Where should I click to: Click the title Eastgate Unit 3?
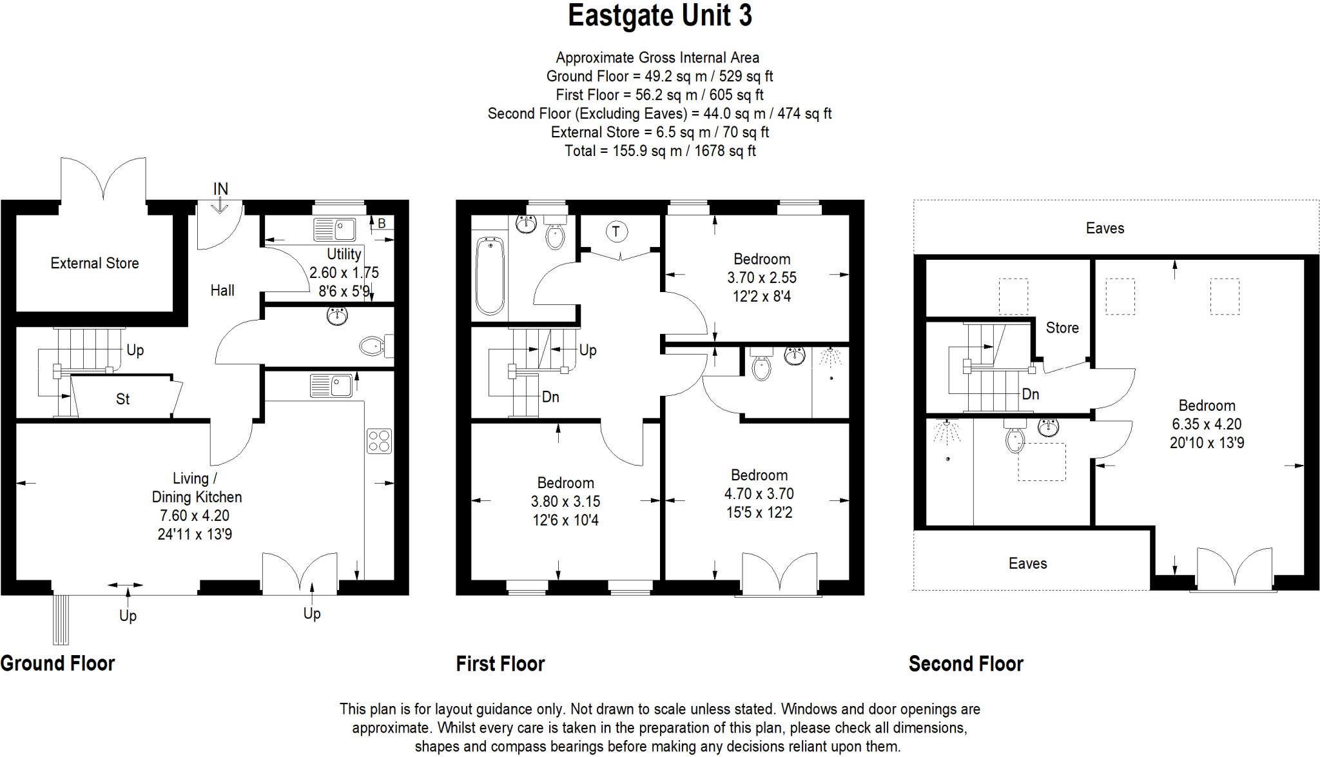click(x=659, y=15)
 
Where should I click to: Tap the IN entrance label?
click(x=220, y=188)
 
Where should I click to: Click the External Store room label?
click(x=95, y=263)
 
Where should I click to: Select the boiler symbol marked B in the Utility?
click(x=382, y=223)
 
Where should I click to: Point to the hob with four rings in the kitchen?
click(x=379, y=441)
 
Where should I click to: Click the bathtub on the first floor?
click(x=490, y=276)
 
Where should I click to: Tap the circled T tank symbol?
click(x=616, y=231)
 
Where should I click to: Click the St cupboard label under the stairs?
click(x=122, y=399)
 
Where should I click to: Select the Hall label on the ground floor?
click(x=222, y=290)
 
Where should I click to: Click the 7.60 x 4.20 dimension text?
click(x=195, y=515)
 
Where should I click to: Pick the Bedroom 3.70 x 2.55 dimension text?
click(x=762, y=277)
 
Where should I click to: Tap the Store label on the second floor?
click(x=1062, y=328)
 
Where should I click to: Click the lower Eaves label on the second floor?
click(x=1027, y=563)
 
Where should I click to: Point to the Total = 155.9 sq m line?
click(x=660, y=151)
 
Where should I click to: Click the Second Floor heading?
click(x=966, y=664)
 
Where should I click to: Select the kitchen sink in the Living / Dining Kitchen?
click(x=331, y=386)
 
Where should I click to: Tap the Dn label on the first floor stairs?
click(x=550, y=397)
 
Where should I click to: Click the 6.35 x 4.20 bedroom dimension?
click(x=1207, y=424)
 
